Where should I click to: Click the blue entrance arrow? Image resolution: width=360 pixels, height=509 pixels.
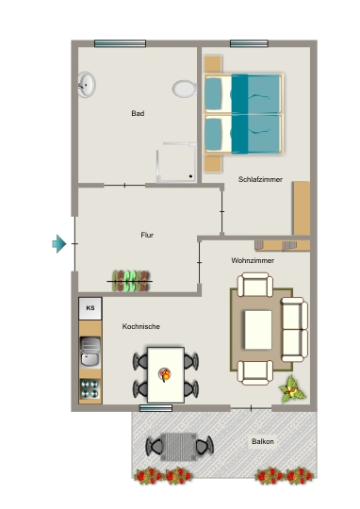tap(59, 243)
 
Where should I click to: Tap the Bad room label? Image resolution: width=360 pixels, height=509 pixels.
tap(138, 113)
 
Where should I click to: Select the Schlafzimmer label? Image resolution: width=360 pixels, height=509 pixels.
tap(260, 179)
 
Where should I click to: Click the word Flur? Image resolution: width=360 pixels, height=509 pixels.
tap(147, 235)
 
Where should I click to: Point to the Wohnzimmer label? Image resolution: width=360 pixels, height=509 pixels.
tap(253, 260)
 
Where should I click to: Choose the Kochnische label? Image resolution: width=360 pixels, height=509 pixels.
tap(140, 326)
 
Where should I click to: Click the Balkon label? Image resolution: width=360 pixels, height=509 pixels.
tap(263, 441)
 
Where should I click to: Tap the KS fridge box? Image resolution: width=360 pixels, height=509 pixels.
tap(90, 308)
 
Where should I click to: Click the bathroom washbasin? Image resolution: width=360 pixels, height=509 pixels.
tap(87, 85)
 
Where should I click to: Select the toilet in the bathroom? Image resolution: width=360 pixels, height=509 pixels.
tap(185, 89)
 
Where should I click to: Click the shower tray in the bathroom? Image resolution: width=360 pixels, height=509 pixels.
tap(176, 162)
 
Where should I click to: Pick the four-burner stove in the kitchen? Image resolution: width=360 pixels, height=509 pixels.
tap(90, 388)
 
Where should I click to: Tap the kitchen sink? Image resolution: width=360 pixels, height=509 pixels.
tap(90, 353)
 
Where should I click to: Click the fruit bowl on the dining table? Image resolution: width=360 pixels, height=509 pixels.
tap(165, 374)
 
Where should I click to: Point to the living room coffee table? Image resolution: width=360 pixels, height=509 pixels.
tap(258, 330)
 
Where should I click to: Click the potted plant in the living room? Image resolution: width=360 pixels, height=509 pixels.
tap(292, 389)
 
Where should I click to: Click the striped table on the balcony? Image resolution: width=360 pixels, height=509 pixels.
tap(178, 447)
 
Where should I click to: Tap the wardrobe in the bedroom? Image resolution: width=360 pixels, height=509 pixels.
tap(302, 208)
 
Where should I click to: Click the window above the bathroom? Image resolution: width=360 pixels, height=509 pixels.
tap(120, 43)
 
